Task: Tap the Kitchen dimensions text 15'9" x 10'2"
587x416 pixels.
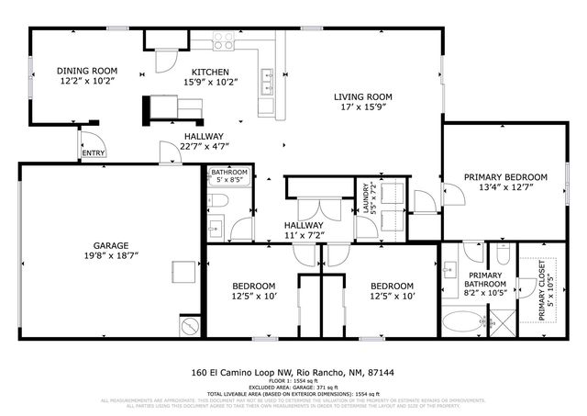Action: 210,84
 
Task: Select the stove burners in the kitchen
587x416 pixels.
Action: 224,41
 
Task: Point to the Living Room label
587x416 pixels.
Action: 362,96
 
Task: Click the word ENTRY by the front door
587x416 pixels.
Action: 94,153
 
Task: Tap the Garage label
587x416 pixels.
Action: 109,245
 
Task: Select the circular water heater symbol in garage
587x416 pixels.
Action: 190,326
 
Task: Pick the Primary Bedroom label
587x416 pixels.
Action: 505,176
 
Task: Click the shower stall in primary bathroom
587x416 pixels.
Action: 502,320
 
